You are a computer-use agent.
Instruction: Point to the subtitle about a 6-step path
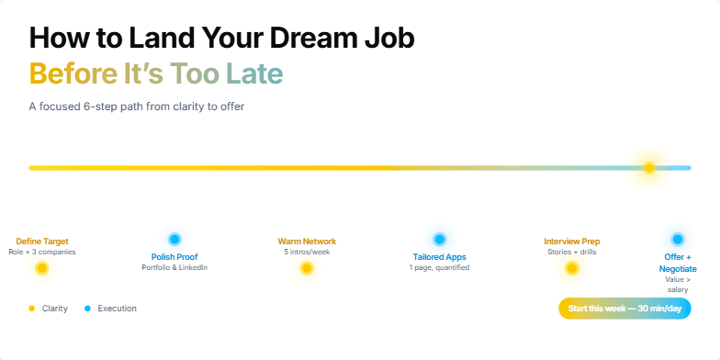(136, 107)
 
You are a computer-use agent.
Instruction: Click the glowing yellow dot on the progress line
(648, 168)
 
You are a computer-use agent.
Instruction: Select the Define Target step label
(42, 242)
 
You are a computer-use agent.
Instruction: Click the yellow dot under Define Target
(41, 268)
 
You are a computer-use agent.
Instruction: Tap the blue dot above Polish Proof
(174, 239)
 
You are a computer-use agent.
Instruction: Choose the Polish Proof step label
(174, 256)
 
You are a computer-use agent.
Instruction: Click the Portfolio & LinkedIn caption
(174, 268)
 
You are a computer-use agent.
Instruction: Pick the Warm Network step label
(307, 242)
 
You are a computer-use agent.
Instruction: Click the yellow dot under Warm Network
(307, 268)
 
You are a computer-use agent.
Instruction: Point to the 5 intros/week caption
(307, 252)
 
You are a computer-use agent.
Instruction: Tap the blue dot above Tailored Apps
(439, 239)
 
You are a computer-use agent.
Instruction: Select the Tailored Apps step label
(439, 256)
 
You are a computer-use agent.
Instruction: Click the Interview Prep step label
(571, 242)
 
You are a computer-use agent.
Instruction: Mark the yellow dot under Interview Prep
(571, 268)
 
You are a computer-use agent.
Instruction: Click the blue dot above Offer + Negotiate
(678, 239)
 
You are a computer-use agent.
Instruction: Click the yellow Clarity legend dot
(32, 309)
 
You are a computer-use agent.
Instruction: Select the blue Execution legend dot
(87, 309)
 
